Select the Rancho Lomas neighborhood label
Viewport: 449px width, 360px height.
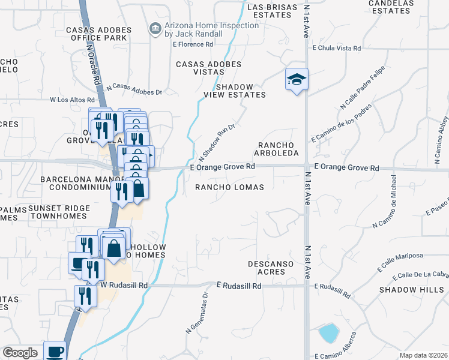(230, 187)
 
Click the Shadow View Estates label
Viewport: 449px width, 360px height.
(241, 91)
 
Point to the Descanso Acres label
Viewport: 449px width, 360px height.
(271, 268)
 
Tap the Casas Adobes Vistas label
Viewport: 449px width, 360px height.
(208, 68)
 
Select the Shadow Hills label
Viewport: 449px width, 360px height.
(405, 289)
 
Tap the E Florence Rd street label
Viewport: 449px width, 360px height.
(193, 44)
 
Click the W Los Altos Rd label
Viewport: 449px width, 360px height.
(72, 100)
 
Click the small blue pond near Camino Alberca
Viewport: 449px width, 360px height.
(328, 332)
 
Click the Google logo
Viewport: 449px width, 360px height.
(20, 353)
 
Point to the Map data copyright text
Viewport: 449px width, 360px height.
(423, 355)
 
